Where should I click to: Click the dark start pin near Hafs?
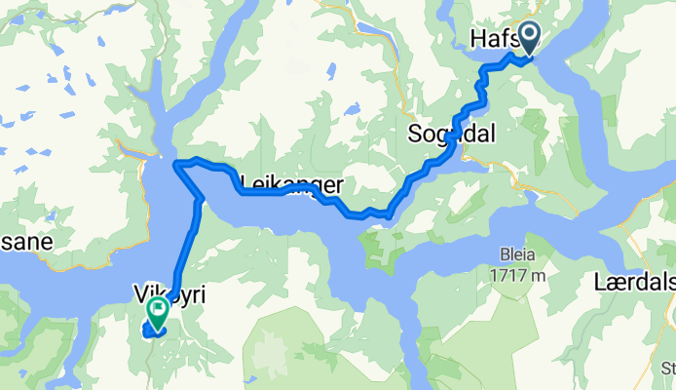pos(529,38)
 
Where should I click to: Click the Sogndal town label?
pos(451,135)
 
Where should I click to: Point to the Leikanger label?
pos(290,182)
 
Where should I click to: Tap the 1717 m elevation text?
pos(518,275)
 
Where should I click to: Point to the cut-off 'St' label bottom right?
pos(667,369)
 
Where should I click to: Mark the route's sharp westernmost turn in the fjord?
pos(176,165)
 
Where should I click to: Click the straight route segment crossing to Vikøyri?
pos(186,249)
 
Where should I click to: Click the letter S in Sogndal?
pos(415,134)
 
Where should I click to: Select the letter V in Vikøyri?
pos(138,291)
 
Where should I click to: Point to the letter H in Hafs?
pos(478,38)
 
